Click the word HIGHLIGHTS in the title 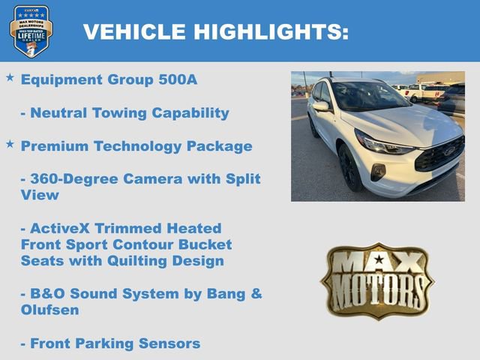pos(271,32)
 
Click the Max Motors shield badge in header pos(31,31)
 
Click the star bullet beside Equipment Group pos(10,78)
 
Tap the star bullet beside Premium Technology pos(10,143)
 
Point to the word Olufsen pos(51,310)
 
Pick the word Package pos(218,145)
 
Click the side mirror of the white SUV pos(322,106)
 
